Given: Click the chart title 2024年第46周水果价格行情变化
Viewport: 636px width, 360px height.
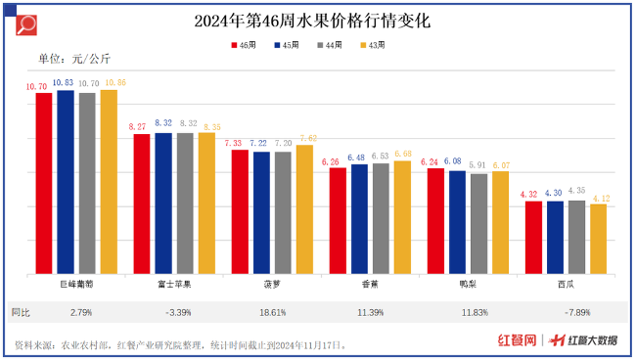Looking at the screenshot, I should (x=318, y=20).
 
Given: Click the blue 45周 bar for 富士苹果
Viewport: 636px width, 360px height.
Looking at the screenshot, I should (x=163, y=202).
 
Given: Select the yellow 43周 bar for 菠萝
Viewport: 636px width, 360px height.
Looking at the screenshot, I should (x=304, y=208).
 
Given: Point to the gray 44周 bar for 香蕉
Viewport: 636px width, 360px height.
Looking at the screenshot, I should (x=381, y=218).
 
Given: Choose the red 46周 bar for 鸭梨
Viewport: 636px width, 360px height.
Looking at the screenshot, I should (x=435, y=220).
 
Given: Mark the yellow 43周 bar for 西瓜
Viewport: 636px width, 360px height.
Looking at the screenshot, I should (x=598, y=238).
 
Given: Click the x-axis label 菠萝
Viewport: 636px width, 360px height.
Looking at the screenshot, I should (x=272, y=285).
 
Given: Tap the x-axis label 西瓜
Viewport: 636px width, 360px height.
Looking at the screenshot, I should (x=566, y=285).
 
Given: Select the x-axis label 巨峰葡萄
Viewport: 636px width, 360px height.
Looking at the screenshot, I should (x=76, y=285).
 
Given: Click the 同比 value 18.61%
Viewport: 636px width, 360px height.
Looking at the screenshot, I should (x=272, y=312).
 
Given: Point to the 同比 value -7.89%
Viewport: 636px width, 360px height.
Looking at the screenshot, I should (x=566, y=312).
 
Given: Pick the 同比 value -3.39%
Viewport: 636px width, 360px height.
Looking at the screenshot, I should (x=174, y=312).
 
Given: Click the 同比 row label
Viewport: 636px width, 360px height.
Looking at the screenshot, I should (x=21, y=312).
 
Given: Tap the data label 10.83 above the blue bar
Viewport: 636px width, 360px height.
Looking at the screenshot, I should (x=66, y=82).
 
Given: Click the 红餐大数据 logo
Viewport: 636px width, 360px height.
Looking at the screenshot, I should (x=583, y=340).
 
